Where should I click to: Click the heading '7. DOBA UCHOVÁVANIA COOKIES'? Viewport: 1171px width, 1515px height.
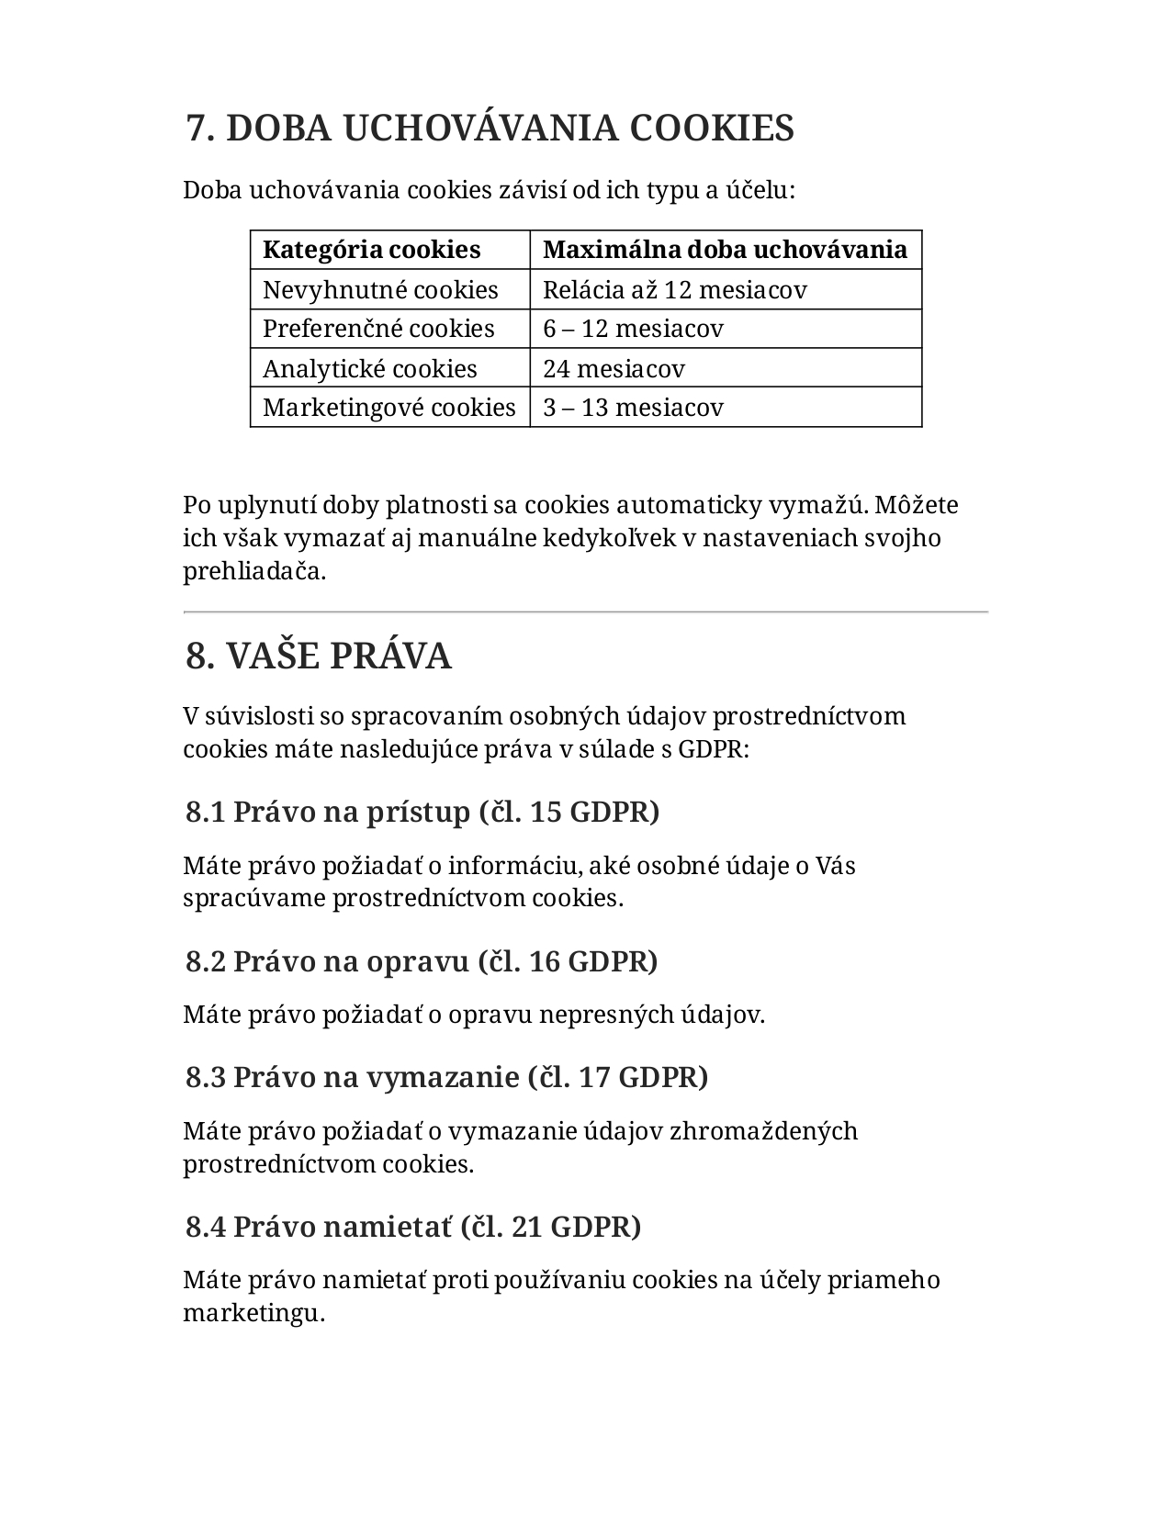(x=490, y=128)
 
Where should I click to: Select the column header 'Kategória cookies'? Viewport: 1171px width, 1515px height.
(x=371, y=250)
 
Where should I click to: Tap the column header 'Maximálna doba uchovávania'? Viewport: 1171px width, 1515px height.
(x=725, y=250)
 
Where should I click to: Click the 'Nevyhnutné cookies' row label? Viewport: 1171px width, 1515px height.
(x=380, y=290)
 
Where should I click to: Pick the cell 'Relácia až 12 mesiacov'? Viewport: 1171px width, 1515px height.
(x=674, y=290)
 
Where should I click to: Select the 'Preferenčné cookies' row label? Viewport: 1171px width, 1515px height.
(x=378, y=329)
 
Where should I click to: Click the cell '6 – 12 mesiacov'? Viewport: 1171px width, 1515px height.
(x=633, y=329)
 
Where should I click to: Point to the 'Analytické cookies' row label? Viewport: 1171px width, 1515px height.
(x=369, y=369)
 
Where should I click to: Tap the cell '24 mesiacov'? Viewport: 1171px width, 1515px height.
(x=614, y=369)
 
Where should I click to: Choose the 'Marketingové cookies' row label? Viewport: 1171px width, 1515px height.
(x=389, y=408)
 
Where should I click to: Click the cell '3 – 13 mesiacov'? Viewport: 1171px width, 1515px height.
(x=633, y=408)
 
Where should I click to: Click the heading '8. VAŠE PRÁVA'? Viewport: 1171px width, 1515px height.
(x=319, y=656)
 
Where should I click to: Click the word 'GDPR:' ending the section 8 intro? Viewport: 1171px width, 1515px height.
(x=714, y=749)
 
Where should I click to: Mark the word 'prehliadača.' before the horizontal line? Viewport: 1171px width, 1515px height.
(x=254, y=571)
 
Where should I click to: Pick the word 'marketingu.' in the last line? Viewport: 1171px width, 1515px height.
(x=254, y=1313)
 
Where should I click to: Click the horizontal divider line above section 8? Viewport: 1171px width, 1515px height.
(x=586, y=612)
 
